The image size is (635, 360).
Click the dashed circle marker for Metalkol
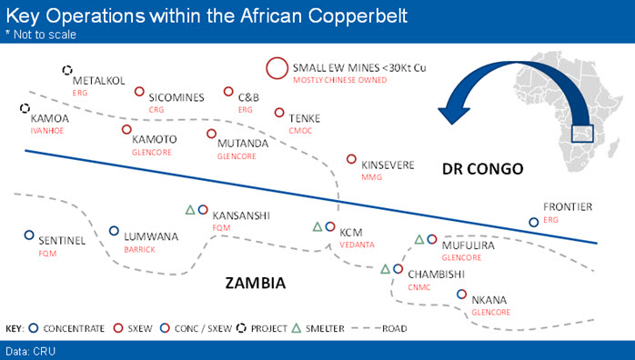(x=67, y=70)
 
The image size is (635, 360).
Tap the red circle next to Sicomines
(x=139, y=92)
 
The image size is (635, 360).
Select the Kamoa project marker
(x=25, y=108)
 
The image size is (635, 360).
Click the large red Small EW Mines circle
(x=277, y=68)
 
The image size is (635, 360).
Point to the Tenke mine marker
(x=279, y=113)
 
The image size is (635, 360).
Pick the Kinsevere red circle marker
(x=351, y=159)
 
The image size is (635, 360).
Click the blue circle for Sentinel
(x=29, y=235)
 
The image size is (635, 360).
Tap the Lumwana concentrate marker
(x=115, y=231)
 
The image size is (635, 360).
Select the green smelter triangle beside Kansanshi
(x=190, y=210)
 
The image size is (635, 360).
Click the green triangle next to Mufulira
(x=419, y=239)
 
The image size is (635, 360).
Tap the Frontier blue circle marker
(x=534, y=222)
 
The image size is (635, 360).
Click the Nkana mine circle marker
(x=461, y=294)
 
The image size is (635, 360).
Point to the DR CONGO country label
(x=483, y=169)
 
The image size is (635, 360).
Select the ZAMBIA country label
(x=256, y=283)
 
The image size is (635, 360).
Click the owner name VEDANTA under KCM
(x=357, y=245)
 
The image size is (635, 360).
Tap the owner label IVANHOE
(x=47, y=131)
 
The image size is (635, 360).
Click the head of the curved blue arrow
(x=454, y=115)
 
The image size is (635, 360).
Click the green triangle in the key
(x=297, y=328)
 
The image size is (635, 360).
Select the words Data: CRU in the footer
(x=30, y=351)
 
